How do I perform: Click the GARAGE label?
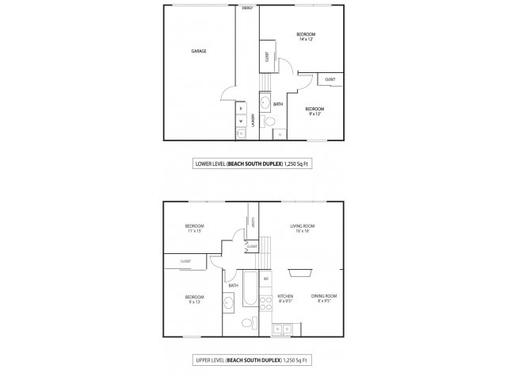[x=199, y=51]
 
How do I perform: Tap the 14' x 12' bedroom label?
[x=306, y=37]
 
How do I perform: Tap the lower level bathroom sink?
[x=265, y=102]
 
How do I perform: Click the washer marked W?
[x=241, y=121]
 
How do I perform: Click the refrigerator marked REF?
[x=266, y=279]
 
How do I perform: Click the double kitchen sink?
[x=283, y=328]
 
